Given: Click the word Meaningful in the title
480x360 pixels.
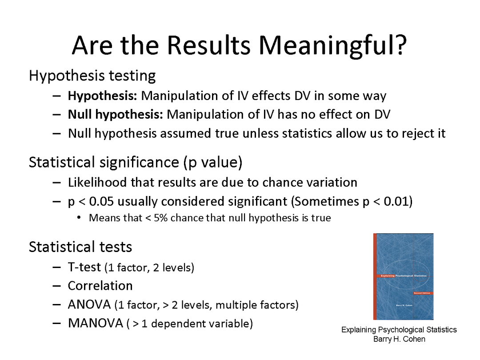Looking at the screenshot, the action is (333, 46).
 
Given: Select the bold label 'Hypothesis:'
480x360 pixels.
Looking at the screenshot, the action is (102, 96).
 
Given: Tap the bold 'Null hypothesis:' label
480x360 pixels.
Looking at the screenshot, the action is (116, 115).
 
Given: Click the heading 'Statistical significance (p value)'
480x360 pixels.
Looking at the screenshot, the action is (136, 162).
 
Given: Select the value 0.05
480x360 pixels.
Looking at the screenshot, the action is (101, 201).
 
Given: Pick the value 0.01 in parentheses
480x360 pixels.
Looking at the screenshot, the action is (396, 201).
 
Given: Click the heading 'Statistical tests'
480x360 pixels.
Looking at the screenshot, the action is (80, 247).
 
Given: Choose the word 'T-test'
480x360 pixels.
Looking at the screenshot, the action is (84, 267).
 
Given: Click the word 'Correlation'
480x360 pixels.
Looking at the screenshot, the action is (100, 286).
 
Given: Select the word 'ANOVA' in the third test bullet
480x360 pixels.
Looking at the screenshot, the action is (89, 304).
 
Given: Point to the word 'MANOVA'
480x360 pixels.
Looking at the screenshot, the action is (95, 323).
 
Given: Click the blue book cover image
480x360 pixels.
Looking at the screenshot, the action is (403, 277).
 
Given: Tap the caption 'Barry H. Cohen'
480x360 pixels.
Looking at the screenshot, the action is (399, 339).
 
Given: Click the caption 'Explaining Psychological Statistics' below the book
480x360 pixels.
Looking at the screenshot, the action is (399, 330).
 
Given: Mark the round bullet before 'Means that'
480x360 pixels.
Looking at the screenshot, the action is (79, 218).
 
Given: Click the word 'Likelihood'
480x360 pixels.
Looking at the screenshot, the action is (97, 183).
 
